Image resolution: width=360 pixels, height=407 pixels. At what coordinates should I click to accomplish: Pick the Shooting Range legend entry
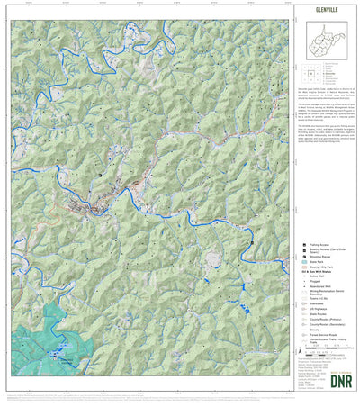coord(322,256)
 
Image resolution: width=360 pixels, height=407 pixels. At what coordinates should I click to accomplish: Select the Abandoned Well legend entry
coord(323,287)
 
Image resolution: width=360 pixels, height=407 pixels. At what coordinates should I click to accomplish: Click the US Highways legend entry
coord(319,309)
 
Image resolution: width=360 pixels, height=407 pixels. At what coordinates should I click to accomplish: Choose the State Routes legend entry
coord(319,314)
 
